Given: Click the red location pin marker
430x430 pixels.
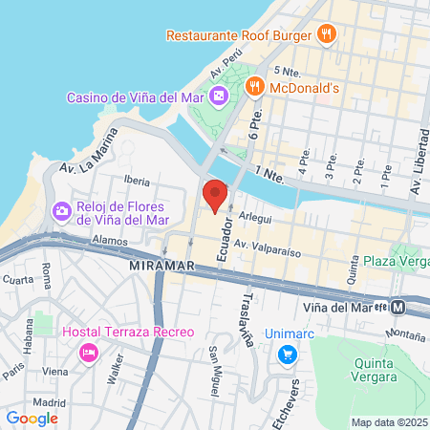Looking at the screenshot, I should point(215,195).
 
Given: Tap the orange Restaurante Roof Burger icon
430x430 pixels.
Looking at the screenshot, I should point(327,35).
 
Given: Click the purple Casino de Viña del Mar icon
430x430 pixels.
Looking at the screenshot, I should point(219,96).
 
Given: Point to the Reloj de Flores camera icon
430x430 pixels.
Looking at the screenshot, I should point(62,209).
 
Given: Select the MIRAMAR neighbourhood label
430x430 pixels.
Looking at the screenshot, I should point(161,264).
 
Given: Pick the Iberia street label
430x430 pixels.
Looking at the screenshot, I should point(138,180).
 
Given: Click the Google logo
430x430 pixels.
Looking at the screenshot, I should point(32,417).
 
